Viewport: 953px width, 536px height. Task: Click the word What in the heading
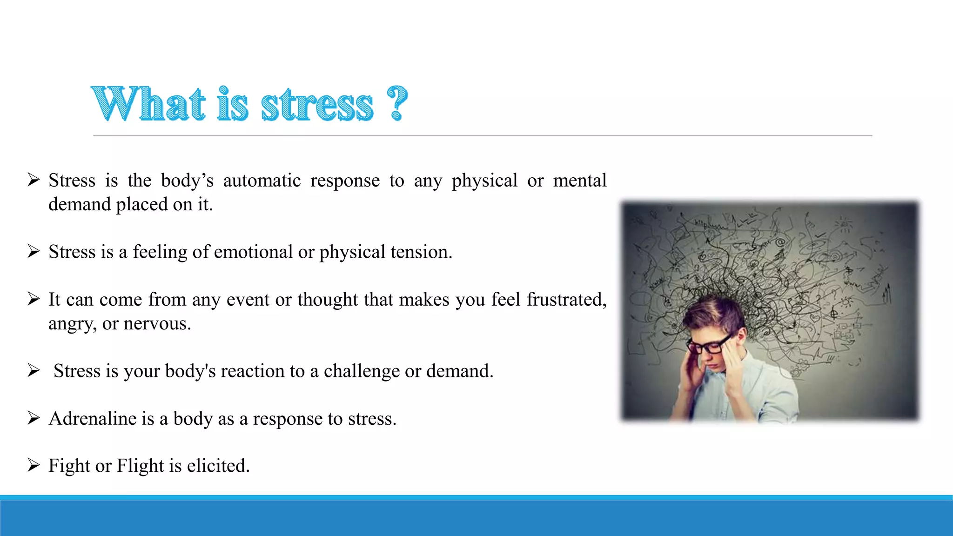tap(148, 104)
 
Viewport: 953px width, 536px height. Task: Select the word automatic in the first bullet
tap(262, 181)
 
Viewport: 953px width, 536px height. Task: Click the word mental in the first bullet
tap(579, 181)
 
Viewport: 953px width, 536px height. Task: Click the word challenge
tap(362, 371)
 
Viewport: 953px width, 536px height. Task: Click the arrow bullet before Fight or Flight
tap(34, 465)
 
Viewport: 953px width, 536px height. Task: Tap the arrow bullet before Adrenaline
tap(34, 418)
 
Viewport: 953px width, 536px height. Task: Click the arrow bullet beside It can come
tap(34, 299)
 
